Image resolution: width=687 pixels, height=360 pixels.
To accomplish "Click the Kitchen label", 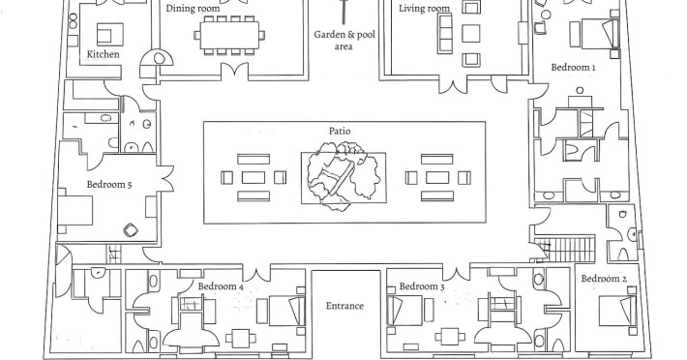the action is tap(103, 54).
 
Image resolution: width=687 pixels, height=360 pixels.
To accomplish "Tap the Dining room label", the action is tap(193, 9).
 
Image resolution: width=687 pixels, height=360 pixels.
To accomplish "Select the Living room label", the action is tap(424, 9).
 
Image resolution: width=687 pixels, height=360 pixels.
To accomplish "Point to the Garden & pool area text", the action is tap(344, 41).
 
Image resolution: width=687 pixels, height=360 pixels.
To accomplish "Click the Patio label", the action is tap(340, 131).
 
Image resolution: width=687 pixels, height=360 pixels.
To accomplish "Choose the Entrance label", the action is tap(344, 306).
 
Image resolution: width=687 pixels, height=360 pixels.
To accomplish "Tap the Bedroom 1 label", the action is tap(573, 68).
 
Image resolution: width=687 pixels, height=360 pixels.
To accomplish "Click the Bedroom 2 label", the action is tap(604, 279).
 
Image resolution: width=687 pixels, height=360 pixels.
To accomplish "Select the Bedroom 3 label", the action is tap(422, 286).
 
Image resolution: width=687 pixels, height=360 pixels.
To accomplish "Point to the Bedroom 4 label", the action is tap(221, 286).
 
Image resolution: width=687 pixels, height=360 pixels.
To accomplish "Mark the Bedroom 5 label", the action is tap(109, 185).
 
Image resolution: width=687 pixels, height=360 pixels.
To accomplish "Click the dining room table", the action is tap(229, 35).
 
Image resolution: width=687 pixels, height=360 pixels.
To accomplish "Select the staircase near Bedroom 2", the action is tap(565, 249).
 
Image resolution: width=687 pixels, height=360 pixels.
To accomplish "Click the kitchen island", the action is tap(110, 34).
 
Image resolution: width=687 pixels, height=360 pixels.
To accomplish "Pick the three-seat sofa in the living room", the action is tap(445, 33).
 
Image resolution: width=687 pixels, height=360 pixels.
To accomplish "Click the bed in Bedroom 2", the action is tap(617, 310).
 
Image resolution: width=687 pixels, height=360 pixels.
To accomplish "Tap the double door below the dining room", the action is tap(235, 71).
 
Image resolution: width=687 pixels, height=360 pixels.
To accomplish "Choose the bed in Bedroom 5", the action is tap(75, 210).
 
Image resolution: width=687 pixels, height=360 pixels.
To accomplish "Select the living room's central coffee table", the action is tap(471, 33).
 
